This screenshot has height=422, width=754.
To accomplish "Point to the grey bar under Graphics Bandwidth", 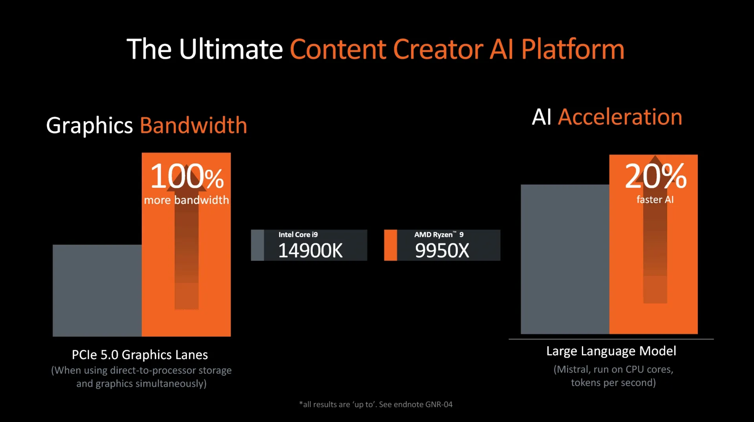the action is tap(97, 290).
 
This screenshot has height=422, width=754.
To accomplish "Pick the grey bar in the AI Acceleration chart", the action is tap(565, 259).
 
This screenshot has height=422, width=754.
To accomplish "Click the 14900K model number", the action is tap(310, 251).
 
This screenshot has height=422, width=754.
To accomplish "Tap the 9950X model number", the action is tap(442, 251).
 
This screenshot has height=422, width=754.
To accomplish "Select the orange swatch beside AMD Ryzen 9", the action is tap(390, 245).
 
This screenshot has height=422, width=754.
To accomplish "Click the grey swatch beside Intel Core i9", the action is tap(257, 245).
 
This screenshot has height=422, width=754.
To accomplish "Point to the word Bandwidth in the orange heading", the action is tap(194, 125).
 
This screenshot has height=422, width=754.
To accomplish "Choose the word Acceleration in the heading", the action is tap(620, 117).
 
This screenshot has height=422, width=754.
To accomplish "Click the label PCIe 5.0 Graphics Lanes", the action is tap(140, 355).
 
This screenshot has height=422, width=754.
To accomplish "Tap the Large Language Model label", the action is tap(611, 351).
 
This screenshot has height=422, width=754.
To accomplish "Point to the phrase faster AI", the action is tap(655, 200).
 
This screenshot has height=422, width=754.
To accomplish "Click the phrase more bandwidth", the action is tap(186, 200).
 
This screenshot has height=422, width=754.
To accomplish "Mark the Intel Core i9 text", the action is tap(298, 235).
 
